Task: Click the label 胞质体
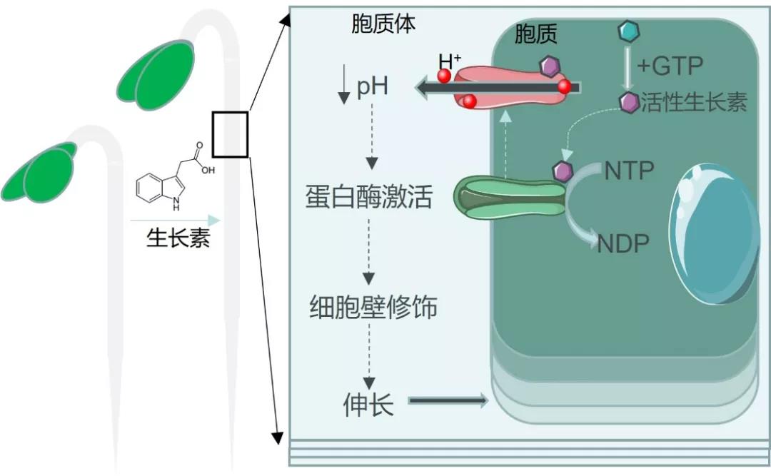pyautogui.click(x=383, y=25)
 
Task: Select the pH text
pyautogui.click(x=372, y=88)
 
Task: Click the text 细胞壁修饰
pyautogui.click(x=373, y=308)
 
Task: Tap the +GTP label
pyautogui.click(x=670, y=66)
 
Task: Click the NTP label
pyautogui.click(x=629, y=171)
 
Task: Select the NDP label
pyautogui.click(x=623, y=244)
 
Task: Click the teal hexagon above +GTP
pyautogui.click(x=628, y=31)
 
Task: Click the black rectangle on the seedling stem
pyautogui.click(x=230, y=134)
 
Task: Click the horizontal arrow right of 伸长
pyautogui.click(x=448, y=402)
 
